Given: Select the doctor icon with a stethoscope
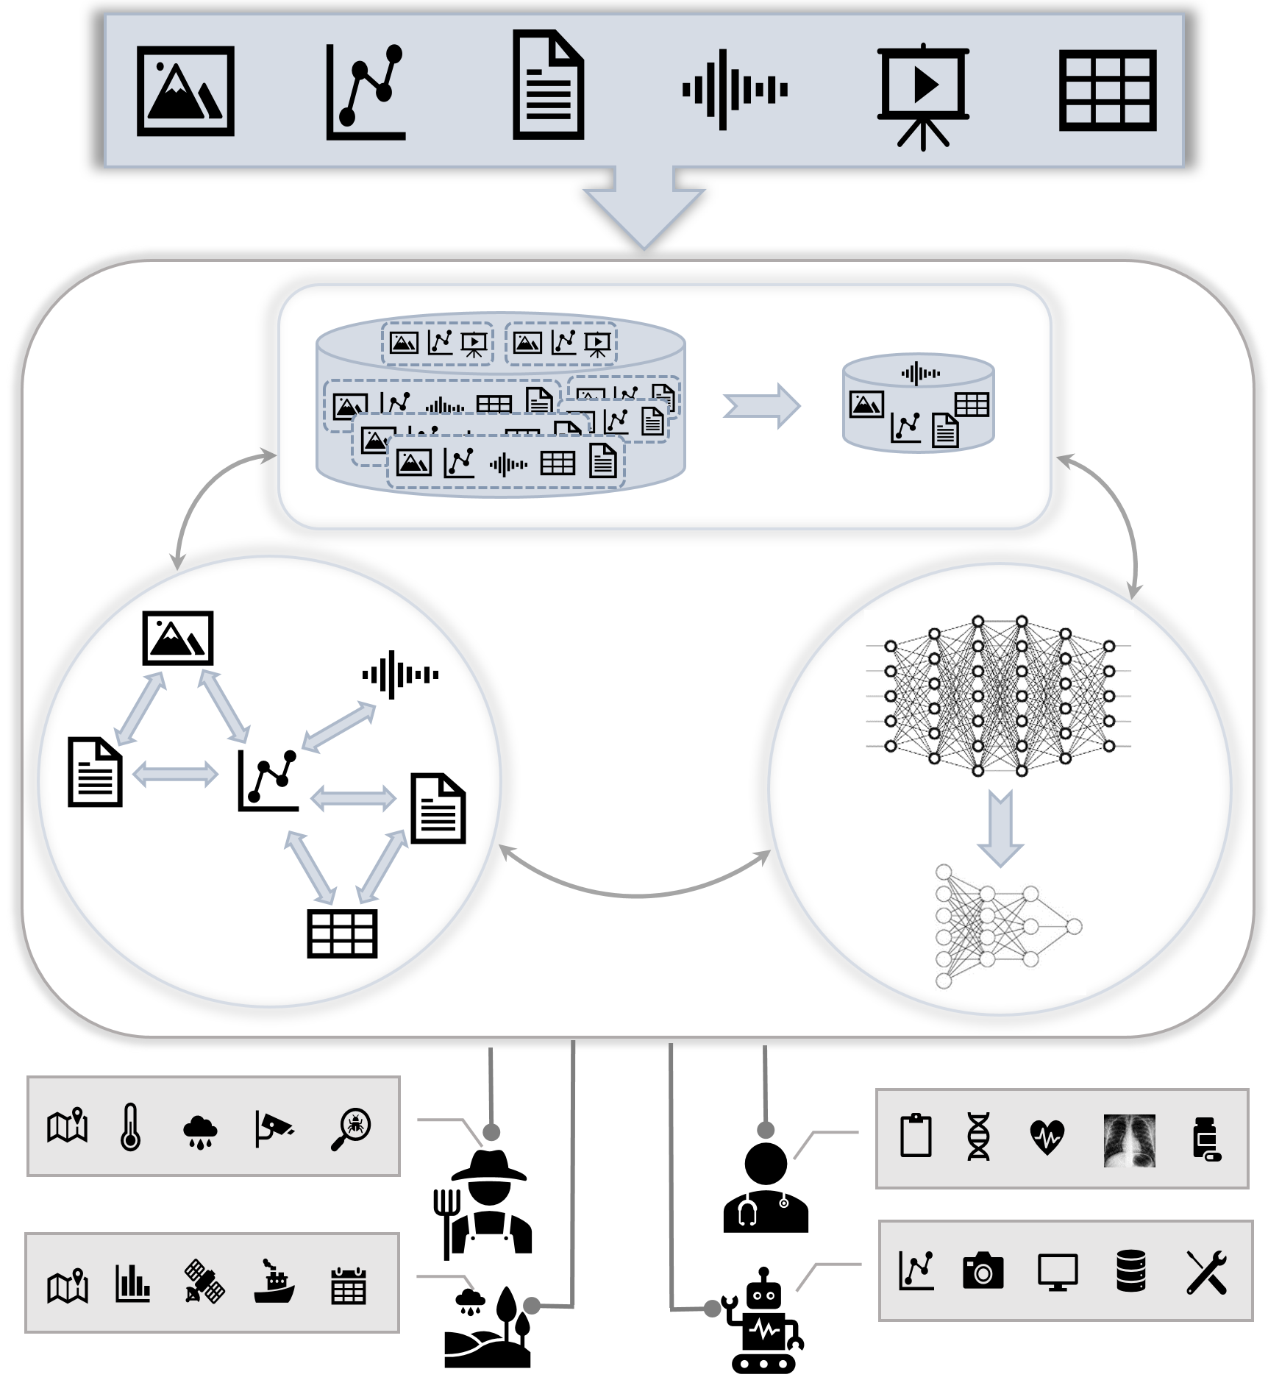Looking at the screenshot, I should pos(766,1189).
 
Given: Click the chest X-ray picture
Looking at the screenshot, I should pos(1129,1141).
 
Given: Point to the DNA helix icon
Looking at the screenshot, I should pos(978,1137).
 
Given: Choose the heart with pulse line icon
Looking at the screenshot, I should pos(1047,1137).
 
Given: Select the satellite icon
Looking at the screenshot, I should pos(204,1281).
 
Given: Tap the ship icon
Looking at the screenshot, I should pos(274,1282).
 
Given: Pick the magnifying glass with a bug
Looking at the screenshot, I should pos(351,1128).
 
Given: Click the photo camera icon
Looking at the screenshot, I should pos(983,1270).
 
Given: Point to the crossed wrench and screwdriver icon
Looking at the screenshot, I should pos(1206,1272).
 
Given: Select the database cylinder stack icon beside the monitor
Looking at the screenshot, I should pos(1130,1270).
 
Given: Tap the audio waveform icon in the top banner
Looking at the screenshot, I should pos(735,90).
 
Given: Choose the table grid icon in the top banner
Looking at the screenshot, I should pos(1108,90).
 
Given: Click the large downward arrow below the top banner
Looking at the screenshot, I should pos(644,210).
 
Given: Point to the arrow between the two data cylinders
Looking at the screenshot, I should pos(762,405).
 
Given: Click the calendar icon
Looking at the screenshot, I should pos(349,1285).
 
